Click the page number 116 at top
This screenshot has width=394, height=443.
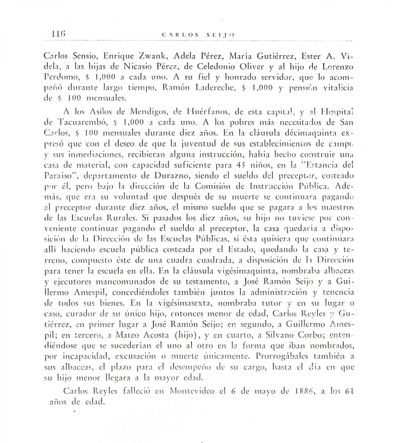point(59,33)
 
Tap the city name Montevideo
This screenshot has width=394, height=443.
point(192,391)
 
